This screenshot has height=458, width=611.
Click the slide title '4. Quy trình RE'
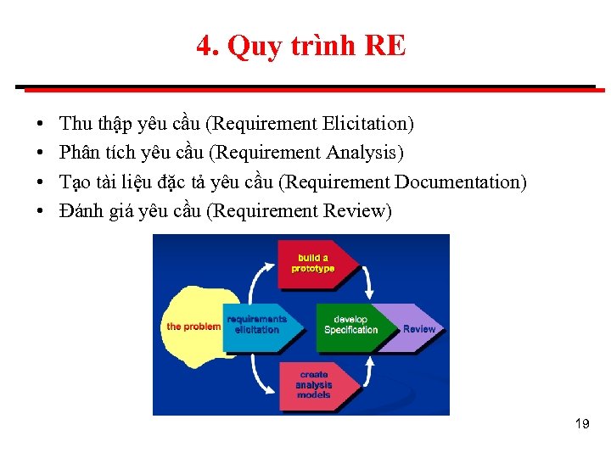[x=301, y=46]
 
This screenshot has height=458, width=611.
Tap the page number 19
[x=581, y=423]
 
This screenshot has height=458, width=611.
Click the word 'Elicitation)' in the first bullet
[x=368, y=124]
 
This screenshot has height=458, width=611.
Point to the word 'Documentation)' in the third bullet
[x=461, y=182]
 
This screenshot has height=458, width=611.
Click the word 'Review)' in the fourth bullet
[x=358, y=210]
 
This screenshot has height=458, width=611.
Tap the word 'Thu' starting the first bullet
[x=76, y=124]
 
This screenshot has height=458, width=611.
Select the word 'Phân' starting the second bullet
[x=79, y=153]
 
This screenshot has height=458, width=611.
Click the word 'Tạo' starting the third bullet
[x=76, y=182]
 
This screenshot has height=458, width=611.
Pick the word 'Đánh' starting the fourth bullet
[x=81, y=210]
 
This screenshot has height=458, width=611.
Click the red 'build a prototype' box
[x=312, y=263]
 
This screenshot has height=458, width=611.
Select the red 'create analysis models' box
[x=312, y=384]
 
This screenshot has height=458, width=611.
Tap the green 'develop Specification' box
[x=350, y=325]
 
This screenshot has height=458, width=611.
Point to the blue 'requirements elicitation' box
[x=256, y=325]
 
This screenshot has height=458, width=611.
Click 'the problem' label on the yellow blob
[x=193, y=327]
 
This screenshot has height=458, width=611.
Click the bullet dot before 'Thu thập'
[x=42, y=125]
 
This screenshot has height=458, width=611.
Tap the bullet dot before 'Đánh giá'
[x=42, y=211]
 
